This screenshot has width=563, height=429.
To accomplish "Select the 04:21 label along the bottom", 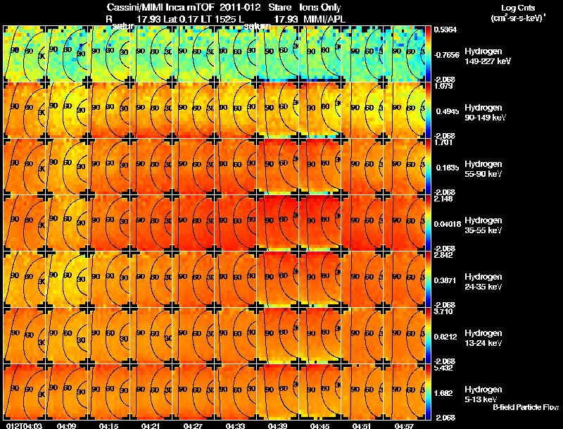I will tap(149, 425).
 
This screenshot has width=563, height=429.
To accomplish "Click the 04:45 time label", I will tap(318, 425).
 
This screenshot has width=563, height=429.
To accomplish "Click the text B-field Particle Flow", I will tap(525, 408).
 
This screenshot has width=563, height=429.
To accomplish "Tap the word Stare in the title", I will tap(279, 7).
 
